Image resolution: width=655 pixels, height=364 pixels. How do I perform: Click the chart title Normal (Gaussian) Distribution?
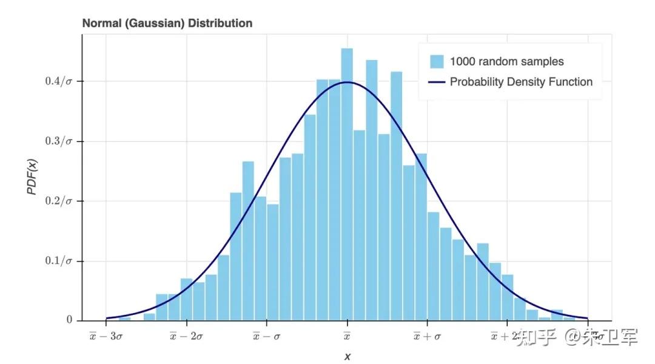[167, 24]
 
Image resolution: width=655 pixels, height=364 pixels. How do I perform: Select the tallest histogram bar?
[347, 182]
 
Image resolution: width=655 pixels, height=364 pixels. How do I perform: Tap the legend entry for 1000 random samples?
[506, 61]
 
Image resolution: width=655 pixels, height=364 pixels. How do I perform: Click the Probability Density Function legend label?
[521, 82]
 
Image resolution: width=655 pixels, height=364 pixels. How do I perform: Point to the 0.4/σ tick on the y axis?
[59, 81]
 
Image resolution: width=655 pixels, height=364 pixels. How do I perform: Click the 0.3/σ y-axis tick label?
[59, 141]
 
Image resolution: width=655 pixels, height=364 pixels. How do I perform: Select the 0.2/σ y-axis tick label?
[59, 201]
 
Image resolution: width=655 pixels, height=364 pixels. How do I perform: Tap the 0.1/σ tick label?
[59, 261]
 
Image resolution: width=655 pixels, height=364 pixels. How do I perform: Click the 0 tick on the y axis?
[70, 320]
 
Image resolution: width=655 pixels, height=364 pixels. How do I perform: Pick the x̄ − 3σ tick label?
[106, 336]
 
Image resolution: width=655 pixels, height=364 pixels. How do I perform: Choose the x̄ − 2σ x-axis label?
[186, 336]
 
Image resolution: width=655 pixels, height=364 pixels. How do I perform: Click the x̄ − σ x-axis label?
[267, 336]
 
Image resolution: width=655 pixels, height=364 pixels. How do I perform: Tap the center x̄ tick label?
[347, 336]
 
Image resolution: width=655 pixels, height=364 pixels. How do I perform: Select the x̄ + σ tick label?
[427, 336]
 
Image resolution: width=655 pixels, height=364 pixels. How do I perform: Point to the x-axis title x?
[348, 357]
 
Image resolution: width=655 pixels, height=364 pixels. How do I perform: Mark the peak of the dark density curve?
[347, 82]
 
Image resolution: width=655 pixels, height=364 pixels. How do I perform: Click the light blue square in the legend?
[437, 62]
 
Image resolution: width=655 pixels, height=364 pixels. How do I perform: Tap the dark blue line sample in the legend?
[437, 82]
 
